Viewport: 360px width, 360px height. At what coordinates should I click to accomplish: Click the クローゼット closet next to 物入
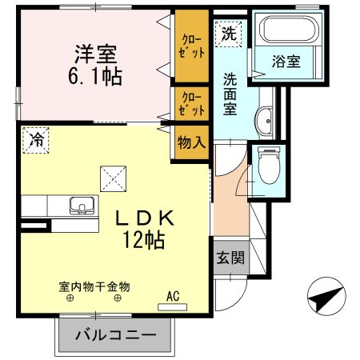(x=192, y=104)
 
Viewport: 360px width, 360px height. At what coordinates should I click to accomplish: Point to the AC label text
(x=173, y=295)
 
